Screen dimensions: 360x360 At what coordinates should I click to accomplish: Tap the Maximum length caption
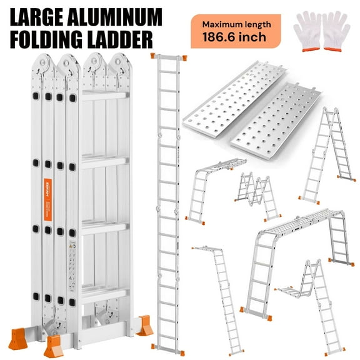(236, 26)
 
